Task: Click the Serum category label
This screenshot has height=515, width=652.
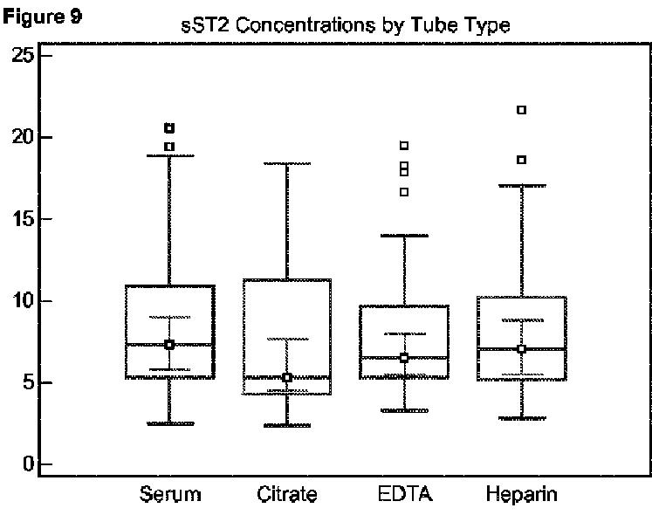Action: point(169,495)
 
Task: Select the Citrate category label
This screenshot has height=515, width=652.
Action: point(287,495)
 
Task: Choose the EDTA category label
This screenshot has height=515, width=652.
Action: point(404,495)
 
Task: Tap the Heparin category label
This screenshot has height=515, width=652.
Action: point(521,495)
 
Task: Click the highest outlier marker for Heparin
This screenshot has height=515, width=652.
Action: point(522,110)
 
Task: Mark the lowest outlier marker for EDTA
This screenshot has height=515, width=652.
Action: point(404,192)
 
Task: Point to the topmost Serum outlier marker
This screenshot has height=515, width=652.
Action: point(169,128)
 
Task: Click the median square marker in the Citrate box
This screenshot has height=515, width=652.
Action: point(286,377)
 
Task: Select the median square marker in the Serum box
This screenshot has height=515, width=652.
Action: point(169,345)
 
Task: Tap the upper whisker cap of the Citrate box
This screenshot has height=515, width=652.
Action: point(286,163)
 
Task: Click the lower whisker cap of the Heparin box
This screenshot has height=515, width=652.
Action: point(521,419)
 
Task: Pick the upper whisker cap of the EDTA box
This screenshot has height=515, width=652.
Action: point(404,236)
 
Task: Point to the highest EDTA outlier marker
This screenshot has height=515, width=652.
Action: point(404,146)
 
